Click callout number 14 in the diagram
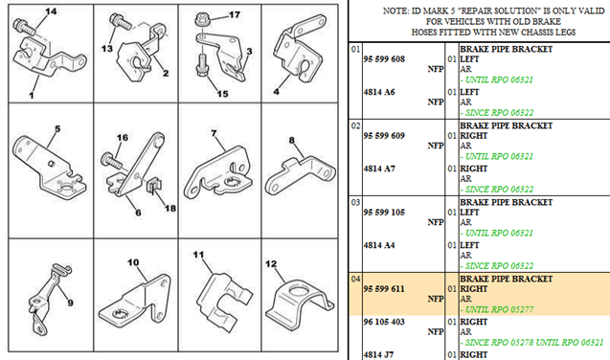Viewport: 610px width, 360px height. pyautogui.click(x=51, y=11)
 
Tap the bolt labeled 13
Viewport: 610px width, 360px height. pyautogui.click(x=121, y=21)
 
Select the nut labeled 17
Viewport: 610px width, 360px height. pyautogui.click(x=202, y=18)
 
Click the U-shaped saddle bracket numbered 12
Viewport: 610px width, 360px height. pyautogui.click(x=299, y=302)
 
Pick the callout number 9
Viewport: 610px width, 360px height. pyautogui.click(x=70, y=303)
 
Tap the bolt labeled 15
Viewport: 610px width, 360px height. pyautogui.click(x=203, y=65)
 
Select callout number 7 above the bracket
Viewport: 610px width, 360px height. pyautogui.click(x=214, y=133)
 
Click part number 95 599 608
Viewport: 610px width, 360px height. pyautogui.click(x=384, y=59)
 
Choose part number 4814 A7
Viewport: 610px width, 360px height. pyautogui.click(x=379, y=169)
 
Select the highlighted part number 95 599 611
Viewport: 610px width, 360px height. pyautogui.click(x=384, y=289)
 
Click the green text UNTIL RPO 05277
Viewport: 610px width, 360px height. pyautogui.click(x=499, y=310)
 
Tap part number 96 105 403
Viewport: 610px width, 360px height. pyautogui.click(x=384, y=322)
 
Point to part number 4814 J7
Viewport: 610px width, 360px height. pyautogui.click(x=378, y=355)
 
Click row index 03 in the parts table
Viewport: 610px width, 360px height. pyautogui.click(x=355, y=202)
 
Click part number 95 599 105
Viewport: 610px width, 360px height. pyautogui.click(x=384, y=213)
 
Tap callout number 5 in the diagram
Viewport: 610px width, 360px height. pyautogui.click(x=57, y=128)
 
